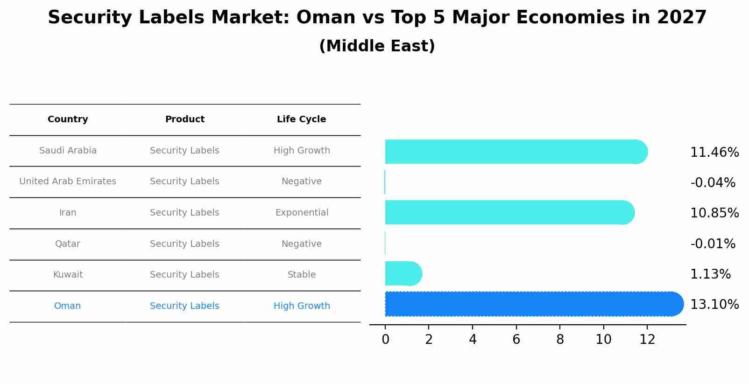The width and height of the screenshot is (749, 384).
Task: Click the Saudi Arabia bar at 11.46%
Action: [514, 152]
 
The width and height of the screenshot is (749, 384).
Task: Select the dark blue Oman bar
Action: [532, 304]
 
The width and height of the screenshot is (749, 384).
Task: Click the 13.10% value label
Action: [714, 305]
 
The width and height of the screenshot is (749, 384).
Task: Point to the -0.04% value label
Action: [713, 183]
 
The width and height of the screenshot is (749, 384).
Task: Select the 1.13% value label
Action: [710, 274]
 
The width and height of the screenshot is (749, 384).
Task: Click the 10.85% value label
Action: [714, 213]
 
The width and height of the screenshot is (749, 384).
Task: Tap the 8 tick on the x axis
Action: [560, 340]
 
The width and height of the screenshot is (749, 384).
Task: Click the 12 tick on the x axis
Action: [647, 340]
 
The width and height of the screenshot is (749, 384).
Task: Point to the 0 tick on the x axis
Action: [385, 340]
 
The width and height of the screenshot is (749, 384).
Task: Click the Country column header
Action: [68, 119]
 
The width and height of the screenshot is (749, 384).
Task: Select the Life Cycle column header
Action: [301, 119]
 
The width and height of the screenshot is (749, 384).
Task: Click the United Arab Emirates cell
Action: [68, 182]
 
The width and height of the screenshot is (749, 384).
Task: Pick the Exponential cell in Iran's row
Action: [302, 213]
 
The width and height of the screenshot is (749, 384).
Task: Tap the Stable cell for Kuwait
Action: [302, 275]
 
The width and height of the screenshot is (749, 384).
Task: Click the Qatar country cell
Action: [68, 244]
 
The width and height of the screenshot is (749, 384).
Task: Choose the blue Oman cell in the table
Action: [68, 306]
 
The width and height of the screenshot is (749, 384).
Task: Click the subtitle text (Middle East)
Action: [377, 46]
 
